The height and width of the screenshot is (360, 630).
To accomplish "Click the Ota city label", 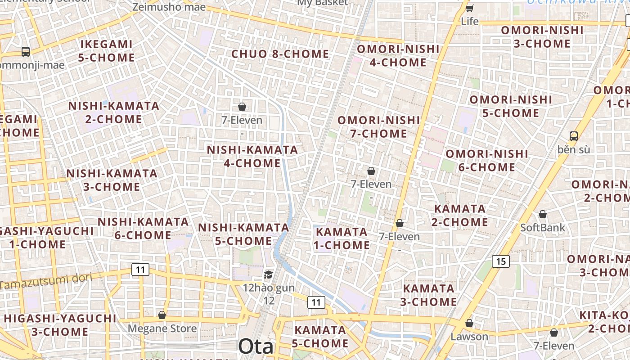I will click(256, 346).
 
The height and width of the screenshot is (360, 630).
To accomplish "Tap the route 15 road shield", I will click(500, 261).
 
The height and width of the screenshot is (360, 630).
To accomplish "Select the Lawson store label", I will click(469, 336).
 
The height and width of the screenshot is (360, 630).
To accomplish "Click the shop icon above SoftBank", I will click(543, 214).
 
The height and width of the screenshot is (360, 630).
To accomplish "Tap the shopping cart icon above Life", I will click(469, 8).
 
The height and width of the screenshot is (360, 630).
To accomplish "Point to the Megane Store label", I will click(162, 328).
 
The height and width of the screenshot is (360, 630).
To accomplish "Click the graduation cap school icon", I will click(268, 274).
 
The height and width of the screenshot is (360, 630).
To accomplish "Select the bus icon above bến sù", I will click(573, 136).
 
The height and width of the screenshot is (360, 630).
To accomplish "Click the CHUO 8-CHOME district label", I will click(280, 54).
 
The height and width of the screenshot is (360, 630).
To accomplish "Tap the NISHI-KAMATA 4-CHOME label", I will click(252, 156).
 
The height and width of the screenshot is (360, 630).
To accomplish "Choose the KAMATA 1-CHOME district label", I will click(342, 238).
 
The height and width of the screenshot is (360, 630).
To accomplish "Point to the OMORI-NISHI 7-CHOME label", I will click(378, 127).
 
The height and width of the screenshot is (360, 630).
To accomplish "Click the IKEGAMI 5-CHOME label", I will click(106, 51).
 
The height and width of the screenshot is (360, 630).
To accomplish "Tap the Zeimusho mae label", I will click(169, 7).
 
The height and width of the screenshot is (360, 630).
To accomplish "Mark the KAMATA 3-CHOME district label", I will click(428, 295).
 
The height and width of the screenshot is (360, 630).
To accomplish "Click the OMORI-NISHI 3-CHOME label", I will click(542, 37).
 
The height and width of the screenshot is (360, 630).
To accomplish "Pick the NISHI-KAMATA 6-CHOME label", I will click(143, 228).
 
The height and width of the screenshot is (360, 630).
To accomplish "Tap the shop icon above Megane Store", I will click(162, 315).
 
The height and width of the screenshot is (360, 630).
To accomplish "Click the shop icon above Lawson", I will click(469, 323).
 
